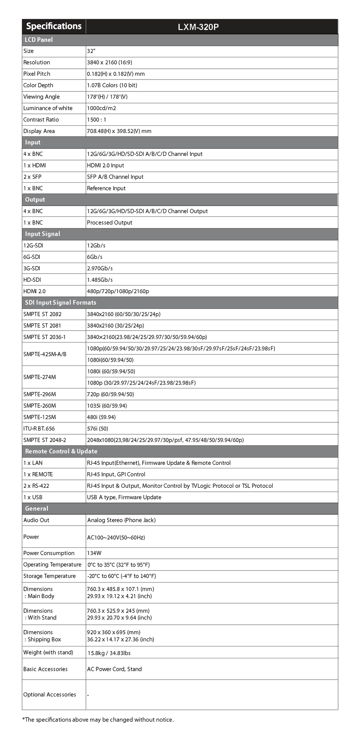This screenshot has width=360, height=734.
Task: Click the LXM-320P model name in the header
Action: (x=198, y=27)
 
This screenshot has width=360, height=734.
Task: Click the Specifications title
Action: (x=54, y=26)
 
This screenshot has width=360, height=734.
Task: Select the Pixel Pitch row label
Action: (x=37, y=74)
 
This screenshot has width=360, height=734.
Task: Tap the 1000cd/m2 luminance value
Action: (x=101, y=108)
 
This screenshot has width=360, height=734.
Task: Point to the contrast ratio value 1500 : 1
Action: (x=96, y=120)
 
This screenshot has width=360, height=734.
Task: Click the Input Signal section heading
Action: (x=42, y=234)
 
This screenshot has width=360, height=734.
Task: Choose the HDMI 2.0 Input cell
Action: (x=105, y=166)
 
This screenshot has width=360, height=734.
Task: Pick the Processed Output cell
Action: (x=109, y=222)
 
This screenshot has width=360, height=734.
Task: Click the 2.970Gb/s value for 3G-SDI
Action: (x=100, y=268)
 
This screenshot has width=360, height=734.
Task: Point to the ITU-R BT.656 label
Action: (x=39, y=429)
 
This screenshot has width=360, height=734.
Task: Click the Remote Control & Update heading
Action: (x=61, y=451)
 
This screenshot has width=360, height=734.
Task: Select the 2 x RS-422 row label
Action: (x=36, y=486)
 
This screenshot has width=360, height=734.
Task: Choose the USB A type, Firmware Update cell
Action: (x=124, y=497)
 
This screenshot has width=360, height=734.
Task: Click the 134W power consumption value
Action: (x=94, y=553)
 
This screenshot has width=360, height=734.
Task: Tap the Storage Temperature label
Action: (x=49, y=576)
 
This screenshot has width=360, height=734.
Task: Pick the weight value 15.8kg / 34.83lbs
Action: (x=109, y=653)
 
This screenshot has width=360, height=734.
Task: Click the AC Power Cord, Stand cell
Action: (x=114, y=669)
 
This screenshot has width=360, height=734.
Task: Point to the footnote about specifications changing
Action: (x=98, y=719)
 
